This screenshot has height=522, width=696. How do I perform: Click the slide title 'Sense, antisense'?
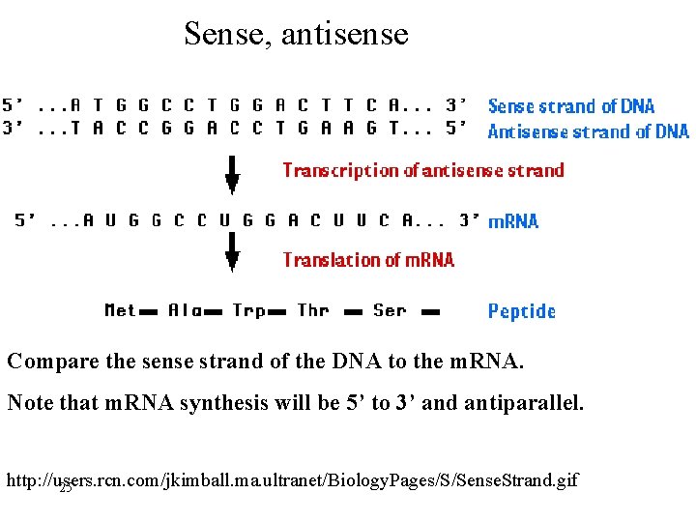(296, 35)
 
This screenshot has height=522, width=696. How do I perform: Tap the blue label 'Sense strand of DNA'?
(570, 106)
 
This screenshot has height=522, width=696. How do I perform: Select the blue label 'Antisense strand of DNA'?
(588, 131)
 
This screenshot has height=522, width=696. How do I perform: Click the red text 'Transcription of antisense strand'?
(422, 171)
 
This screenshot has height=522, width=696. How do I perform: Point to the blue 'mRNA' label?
(513, 221)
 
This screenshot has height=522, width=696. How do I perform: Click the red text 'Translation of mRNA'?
(368, 260)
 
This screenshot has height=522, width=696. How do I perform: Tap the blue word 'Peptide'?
(521, 311)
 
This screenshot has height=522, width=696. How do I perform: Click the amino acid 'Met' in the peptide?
(120, 310)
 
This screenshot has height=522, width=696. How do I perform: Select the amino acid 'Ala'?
(185, 310)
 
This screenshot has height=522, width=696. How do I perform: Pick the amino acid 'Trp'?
(248, 310)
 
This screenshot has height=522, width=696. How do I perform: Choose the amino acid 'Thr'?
(313, 310)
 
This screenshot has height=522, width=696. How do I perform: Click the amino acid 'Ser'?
(390, 310)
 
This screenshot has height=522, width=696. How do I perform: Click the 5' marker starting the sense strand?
(14, 104)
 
